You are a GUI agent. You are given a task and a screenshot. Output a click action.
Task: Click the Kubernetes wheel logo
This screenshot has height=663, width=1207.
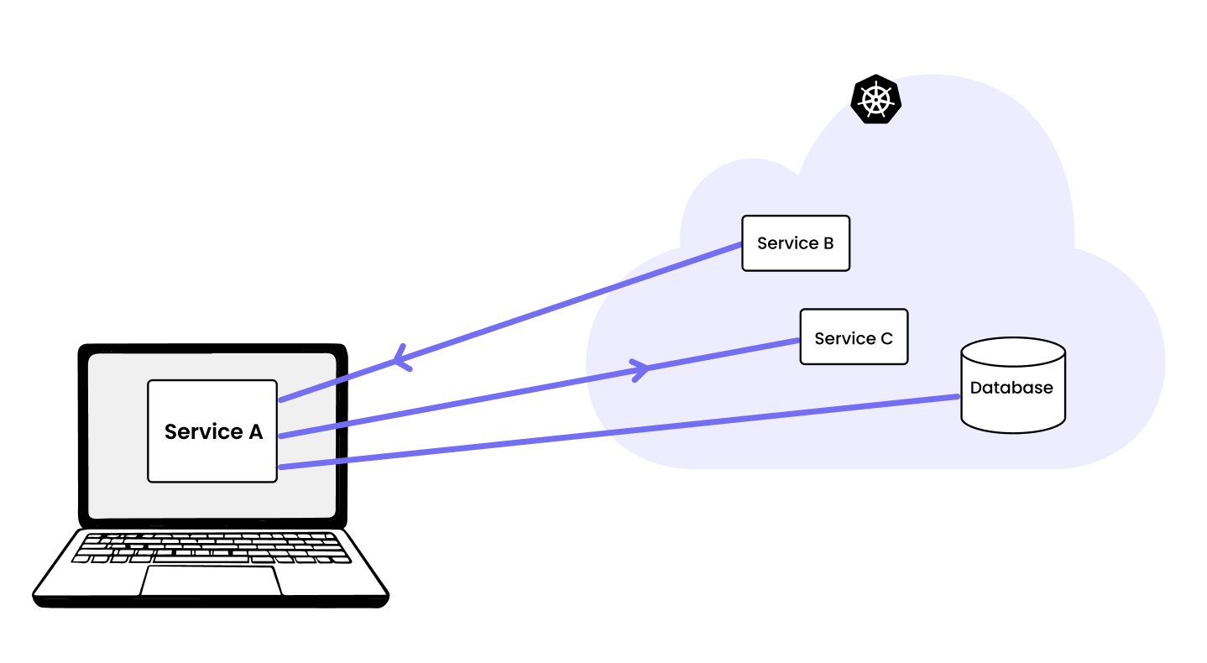point(875,100)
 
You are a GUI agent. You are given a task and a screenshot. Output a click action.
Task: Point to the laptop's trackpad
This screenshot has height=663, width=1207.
point(211,581)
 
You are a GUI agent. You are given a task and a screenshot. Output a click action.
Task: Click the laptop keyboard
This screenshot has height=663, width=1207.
point(212,547)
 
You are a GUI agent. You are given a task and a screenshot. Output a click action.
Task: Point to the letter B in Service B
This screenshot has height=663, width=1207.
point(828,243)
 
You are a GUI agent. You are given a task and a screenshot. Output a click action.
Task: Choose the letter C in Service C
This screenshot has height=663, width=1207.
point(886,339)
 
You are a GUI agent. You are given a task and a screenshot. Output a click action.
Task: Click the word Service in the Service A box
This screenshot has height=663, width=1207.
point(201,432)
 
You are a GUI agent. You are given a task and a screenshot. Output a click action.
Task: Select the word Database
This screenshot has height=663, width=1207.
point(1011,388)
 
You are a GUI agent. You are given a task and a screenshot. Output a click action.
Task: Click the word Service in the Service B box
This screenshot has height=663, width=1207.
point(787,243)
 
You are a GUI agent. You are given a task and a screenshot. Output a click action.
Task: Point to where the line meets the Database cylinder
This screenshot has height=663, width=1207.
point(959,397)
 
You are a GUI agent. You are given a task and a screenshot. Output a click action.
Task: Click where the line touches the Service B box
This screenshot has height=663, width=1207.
point(743,244)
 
